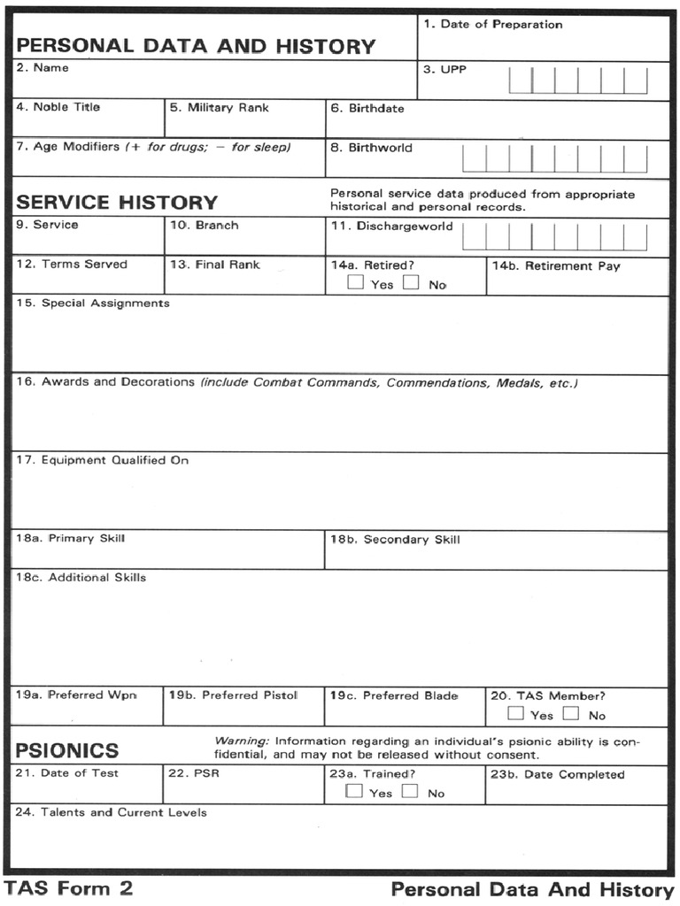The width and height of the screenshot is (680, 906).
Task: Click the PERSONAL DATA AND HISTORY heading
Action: pos(196,46)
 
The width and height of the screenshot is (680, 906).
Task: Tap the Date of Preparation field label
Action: pos(492,24)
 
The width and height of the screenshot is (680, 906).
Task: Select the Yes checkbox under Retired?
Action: pos(355,284)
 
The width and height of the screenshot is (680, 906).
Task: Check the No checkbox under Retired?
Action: pos(411,284)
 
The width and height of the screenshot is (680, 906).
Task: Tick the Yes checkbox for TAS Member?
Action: pos(515,714)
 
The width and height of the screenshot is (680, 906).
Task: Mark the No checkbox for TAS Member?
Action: pos(571,714)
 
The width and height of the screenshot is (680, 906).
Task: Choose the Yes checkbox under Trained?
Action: pos(354,792)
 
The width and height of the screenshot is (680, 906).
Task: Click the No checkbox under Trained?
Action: pos(409,792)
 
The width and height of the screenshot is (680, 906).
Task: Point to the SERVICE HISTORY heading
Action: pos(117,203)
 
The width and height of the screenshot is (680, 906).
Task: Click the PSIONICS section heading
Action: pos(67,750)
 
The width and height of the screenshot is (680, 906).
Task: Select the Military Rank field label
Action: pos(220,107)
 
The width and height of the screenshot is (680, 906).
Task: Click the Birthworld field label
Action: pos(371,148)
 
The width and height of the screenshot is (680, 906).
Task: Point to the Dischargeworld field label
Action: pos(391,226)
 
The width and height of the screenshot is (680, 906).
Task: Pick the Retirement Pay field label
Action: pos(556,265)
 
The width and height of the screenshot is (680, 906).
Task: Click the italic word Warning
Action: pos(242,740)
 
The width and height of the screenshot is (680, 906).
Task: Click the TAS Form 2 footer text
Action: pos(69,888)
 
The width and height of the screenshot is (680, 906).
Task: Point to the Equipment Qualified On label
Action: pos(102,460)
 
